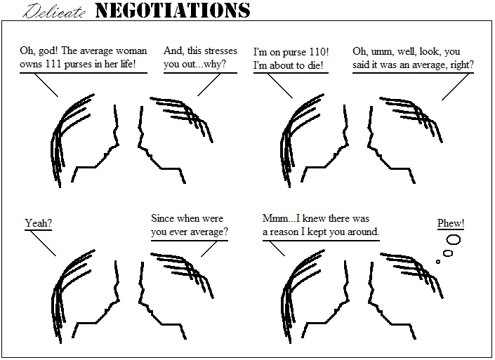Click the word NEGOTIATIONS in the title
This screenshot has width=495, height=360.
[172, 11]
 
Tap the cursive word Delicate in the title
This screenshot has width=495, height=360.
[54, 12]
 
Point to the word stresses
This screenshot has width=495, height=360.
[218, 51]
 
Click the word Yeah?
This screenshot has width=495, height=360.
[38, 223]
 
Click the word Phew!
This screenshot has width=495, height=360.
[451, 223]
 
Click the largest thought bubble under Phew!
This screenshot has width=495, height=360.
[453, 240]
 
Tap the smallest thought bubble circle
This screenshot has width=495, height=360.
[438, 262]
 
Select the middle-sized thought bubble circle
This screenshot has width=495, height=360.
[448, 253]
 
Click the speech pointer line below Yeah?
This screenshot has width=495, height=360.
[43, 244]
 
